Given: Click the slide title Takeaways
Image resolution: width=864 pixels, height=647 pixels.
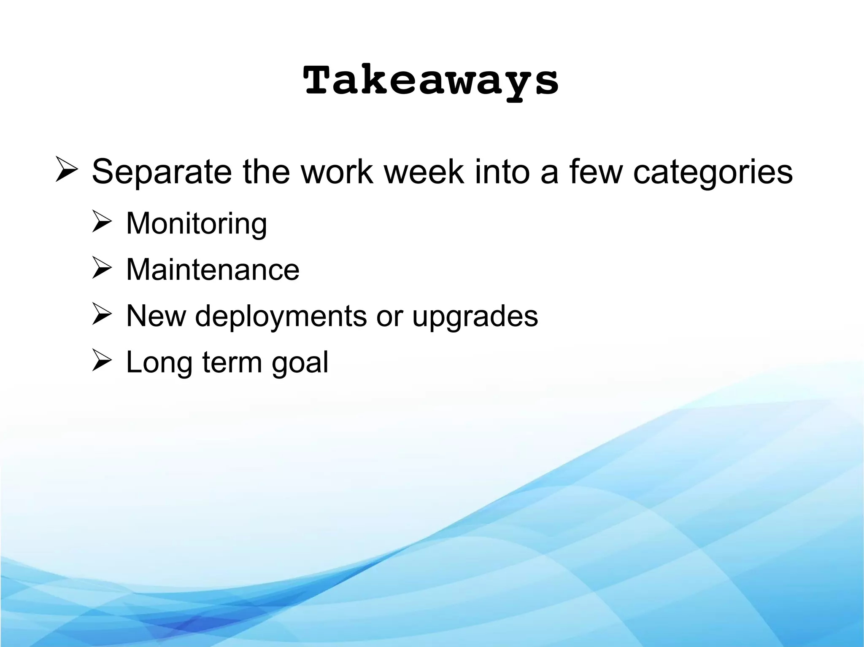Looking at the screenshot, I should coord(431,81).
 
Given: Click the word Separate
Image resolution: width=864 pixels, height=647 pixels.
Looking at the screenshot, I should coord(162,172).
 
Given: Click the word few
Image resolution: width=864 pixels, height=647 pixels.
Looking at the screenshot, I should coord(596,172).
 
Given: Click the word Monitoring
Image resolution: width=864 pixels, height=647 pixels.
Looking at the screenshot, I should coord(197,224).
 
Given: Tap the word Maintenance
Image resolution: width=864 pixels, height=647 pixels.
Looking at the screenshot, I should coord(213,270).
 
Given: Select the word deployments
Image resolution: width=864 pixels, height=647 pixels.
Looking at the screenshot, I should coord(281,316).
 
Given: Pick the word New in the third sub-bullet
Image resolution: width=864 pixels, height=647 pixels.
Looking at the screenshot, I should coord(156,316).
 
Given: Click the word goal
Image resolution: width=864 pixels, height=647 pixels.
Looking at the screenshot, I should coord(300,363).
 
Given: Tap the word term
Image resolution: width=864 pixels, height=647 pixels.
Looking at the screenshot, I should coord(232,363).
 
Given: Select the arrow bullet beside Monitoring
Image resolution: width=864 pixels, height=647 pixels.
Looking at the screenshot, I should coord(102,223).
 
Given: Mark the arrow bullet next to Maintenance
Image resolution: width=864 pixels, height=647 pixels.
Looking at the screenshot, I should coord(102,269).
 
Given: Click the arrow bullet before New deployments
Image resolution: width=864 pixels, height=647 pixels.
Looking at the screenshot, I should coord(102,315).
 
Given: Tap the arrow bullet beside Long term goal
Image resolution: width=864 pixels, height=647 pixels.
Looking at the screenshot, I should coord(102,362).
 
